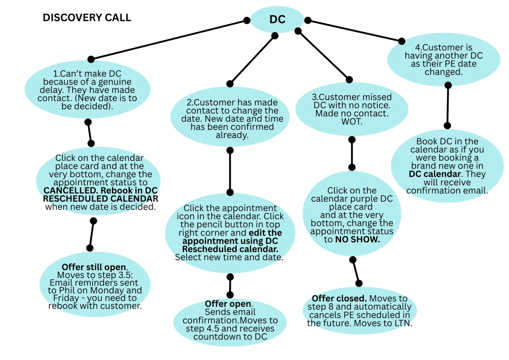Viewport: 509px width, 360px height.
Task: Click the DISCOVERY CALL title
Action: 87,18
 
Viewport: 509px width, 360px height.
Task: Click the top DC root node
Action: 277,20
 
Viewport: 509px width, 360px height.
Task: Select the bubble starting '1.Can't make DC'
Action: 88,90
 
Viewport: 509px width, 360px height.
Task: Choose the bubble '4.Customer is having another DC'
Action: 443,60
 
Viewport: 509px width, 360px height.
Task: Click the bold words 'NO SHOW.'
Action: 357,239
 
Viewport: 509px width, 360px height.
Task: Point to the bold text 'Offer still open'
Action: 94,267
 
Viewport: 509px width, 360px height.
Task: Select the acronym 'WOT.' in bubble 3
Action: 352,121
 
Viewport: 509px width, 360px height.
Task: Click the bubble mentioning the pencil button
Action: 230,233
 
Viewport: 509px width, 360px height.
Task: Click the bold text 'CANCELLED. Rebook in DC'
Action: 101,191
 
